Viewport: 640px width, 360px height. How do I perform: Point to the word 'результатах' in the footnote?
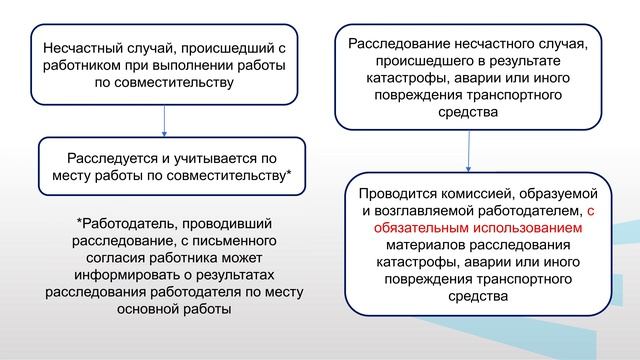pos(236,274)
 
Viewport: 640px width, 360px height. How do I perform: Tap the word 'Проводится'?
pos(402,194)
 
